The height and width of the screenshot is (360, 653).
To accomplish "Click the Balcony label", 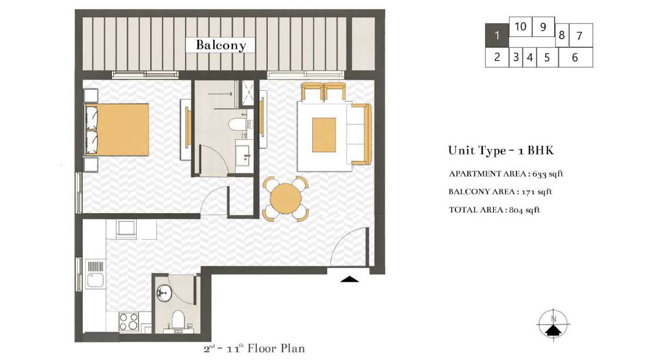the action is [x=221, y=45].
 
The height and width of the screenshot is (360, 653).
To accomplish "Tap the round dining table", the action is [x=286, y=198].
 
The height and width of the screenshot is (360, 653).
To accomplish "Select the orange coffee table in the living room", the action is [x=324, y=135].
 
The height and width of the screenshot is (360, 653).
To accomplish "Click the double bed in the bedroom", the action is [x=117, y=129].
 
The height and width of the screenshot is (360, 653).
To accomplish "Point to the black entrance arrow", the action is [x=349, y=280].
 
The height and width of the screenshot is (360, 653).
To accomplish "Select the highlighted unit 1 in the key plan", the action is [x=497, y=35].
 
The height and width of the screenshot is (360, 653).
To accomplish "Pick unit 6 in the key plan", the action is [x=576, y=58].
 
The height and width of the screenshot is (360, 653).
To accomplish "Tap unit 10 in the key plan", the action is [x=520, y=27].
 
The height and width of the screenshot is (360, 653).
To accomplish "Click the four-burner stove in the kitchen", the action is [x=129, y=321].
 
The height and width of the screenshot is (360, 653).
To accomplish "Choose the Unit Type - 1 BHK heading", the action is [x=501, y=151].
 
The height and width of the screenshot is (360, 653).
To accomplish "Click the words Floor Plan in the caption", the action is [x=276, y=349].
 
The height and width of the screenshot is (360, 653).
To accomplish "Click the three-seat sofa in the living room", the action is [x=359, y=134].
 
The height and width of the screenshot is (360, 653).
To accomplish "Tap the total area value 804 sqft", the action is [x=525, y=210].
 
